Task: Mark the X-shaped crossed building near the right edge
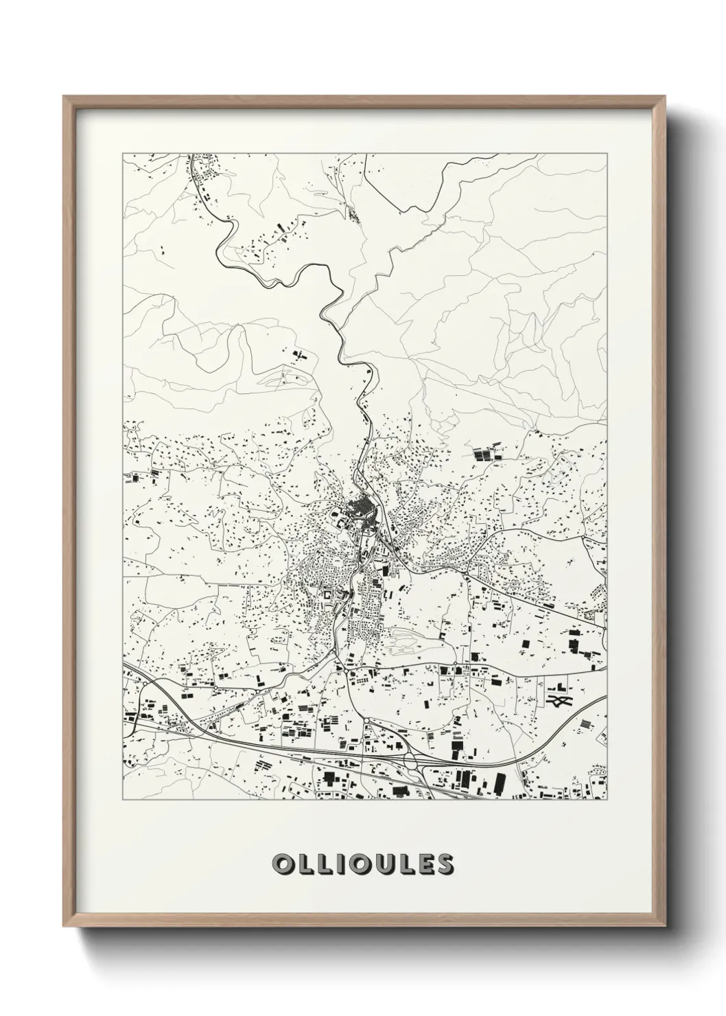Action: pos(560,701)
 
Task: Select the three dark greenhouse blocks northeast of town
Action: pos(488,453)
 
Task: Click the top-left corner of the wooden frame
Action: pos(64,97)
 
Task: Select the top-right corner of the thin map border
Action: pos(607,152)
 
